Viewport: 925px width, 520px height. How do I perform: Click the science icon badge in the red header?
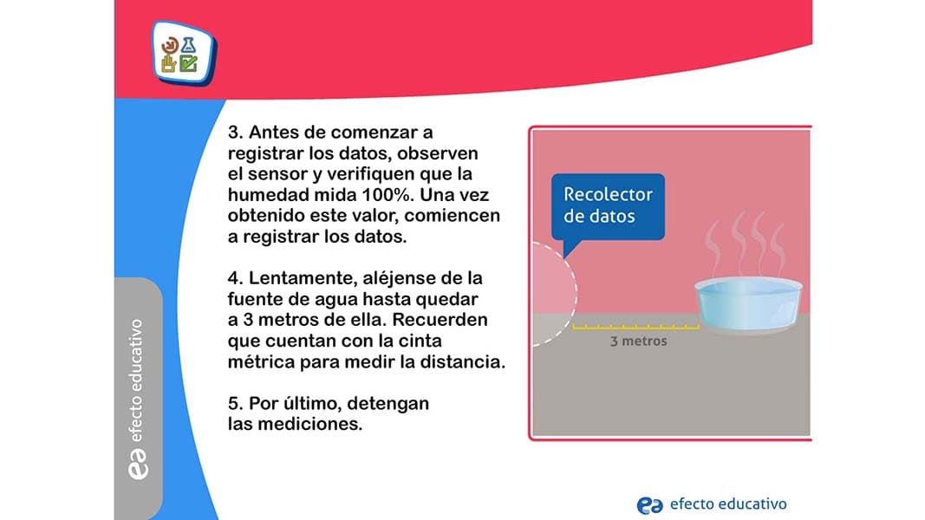184,54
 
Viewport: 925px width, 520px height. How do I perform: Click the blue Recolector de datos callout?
608,207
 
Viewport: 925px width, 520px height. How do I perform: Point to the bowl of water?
749,304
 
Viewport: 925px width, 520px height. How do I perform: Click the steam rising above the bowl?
745,244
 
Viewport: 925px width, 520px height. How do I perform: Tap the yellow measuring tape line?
636,327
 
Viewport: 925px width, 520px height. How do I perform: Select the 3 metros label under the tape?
638,341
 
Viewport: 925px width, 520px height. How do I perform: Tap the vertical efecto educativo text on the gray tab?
136,380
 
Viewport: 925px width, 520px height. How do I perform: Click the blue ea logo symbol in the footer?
649,505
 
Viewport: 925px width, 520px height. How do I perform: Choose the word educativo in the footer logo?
752,504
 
